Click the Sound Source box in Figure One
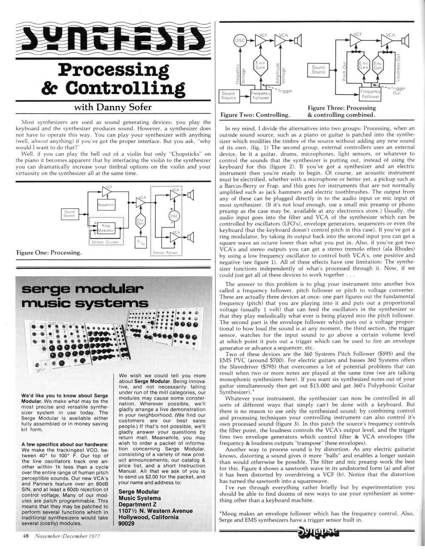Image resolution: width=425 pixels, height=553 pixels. click(x=69, y=214)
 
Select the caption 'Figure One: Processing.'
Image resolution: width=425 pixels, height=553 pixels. click(x=49, y=253)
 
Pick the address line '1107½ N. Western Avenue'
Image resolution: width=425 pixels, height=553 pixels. click(x=155, y=510)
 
